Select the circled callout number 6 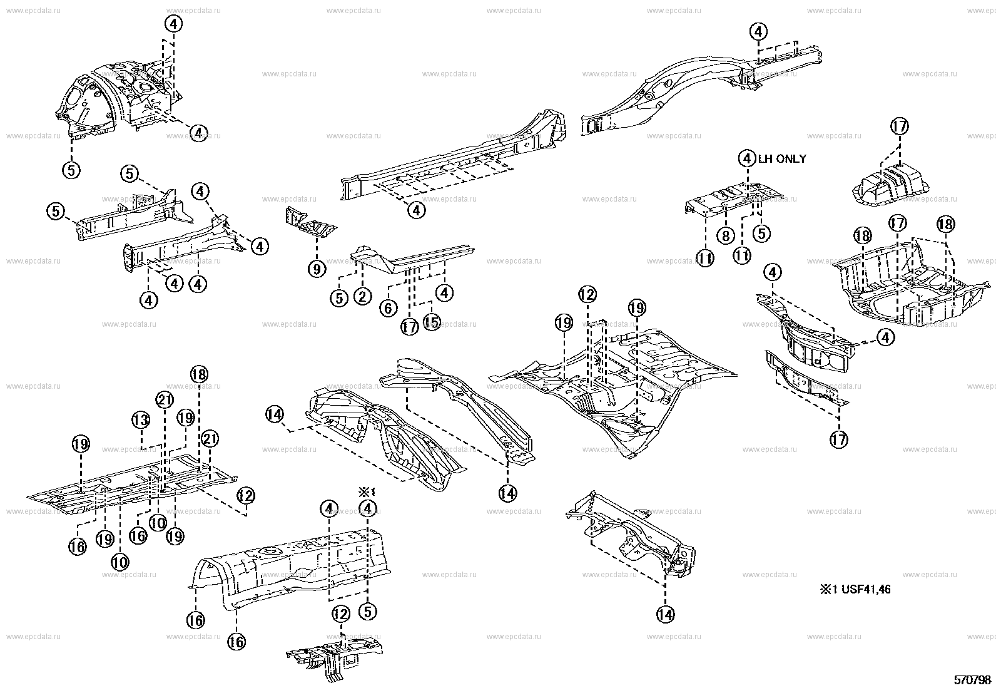[388, 307]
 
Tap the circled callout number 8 [725, 236]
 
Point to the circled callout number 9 [317, 269]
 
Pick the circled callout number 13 [141, 419]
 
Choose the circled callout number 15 [432, 322]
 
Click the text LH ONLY [782, 159]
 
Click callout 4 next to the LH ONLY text [747, 158]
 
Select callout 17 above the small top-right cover [899, 126]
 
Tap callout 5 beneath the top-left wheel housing [72, 169]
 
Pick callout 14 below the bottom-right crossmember [666, 615]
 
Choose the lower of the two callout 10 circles [120, 562]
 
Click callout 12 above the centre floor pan [587, 294]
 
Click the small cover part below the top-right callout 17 [891, 182]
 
